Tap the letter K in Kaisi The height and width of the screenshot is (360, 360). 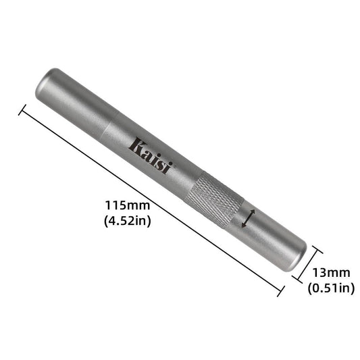135,145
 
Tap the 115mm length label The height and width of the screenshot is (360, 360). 126,205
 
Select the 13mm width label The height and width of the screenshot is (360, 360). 331,273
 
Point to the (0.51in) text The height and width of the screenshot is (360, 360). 331,288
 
